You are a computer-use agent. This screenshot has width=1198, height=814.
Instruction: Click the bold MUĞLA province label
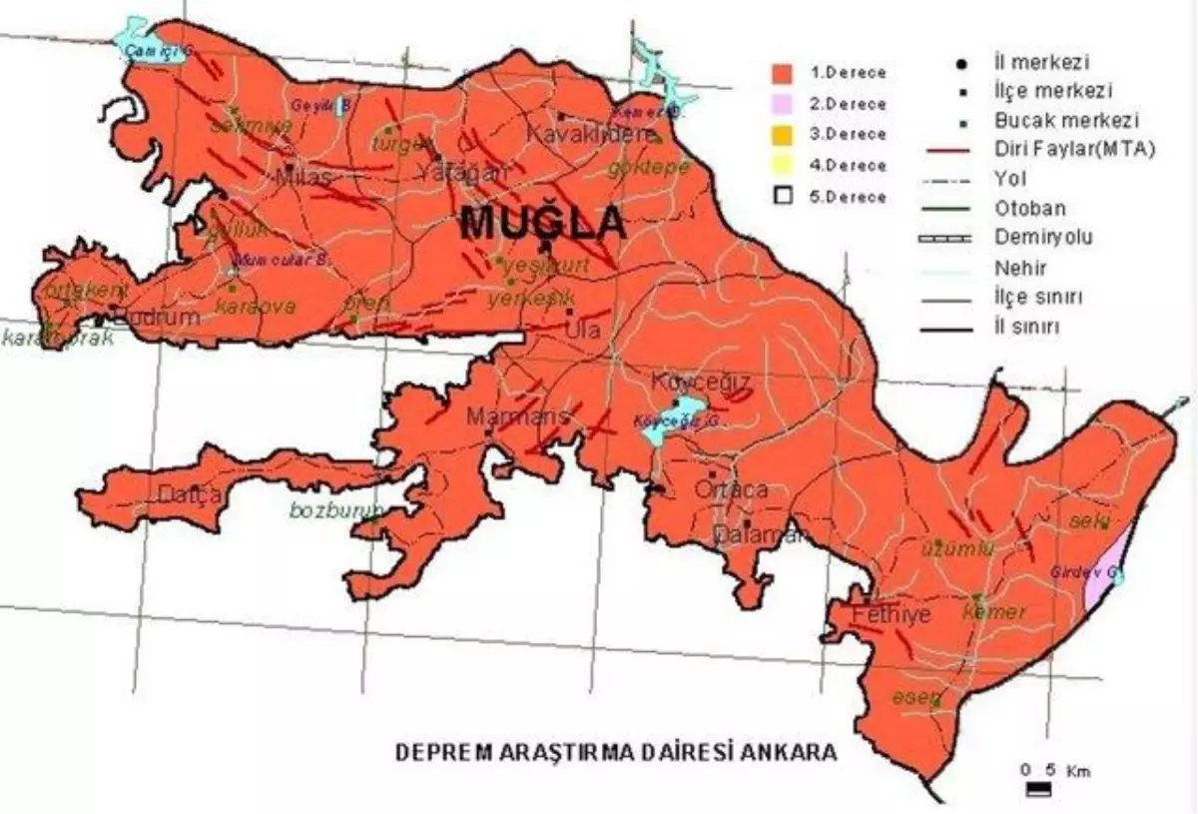tap(543, 223)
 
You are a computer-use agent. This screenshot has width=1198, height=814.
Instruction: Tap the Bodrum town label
tap(152, 318)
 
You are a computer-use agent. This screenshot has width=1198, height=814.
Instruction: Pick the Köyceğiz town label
tap(700, 383)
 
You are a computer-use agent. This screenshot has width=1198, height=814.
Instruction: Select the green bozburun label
tap(335, 511)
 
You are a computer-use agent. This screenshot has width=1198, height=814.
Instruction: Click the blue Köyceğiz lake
tap(671, 420)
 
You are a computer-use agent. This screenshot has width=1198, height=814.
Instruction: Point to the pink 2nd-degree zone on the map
tap(1110, 569)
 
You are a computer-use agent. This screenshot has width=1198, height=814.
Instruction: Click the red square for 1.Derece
tap(784, 72)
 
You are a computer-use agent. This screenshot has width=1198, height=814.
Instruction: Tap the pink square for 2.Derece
tap(784, 103)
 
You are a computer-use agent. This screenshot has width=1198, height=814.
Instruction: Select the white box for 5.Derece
tap(784, 197)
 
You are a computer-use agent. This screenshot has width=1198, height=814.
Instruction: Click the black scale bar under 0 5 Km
tap(1039, 790)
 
